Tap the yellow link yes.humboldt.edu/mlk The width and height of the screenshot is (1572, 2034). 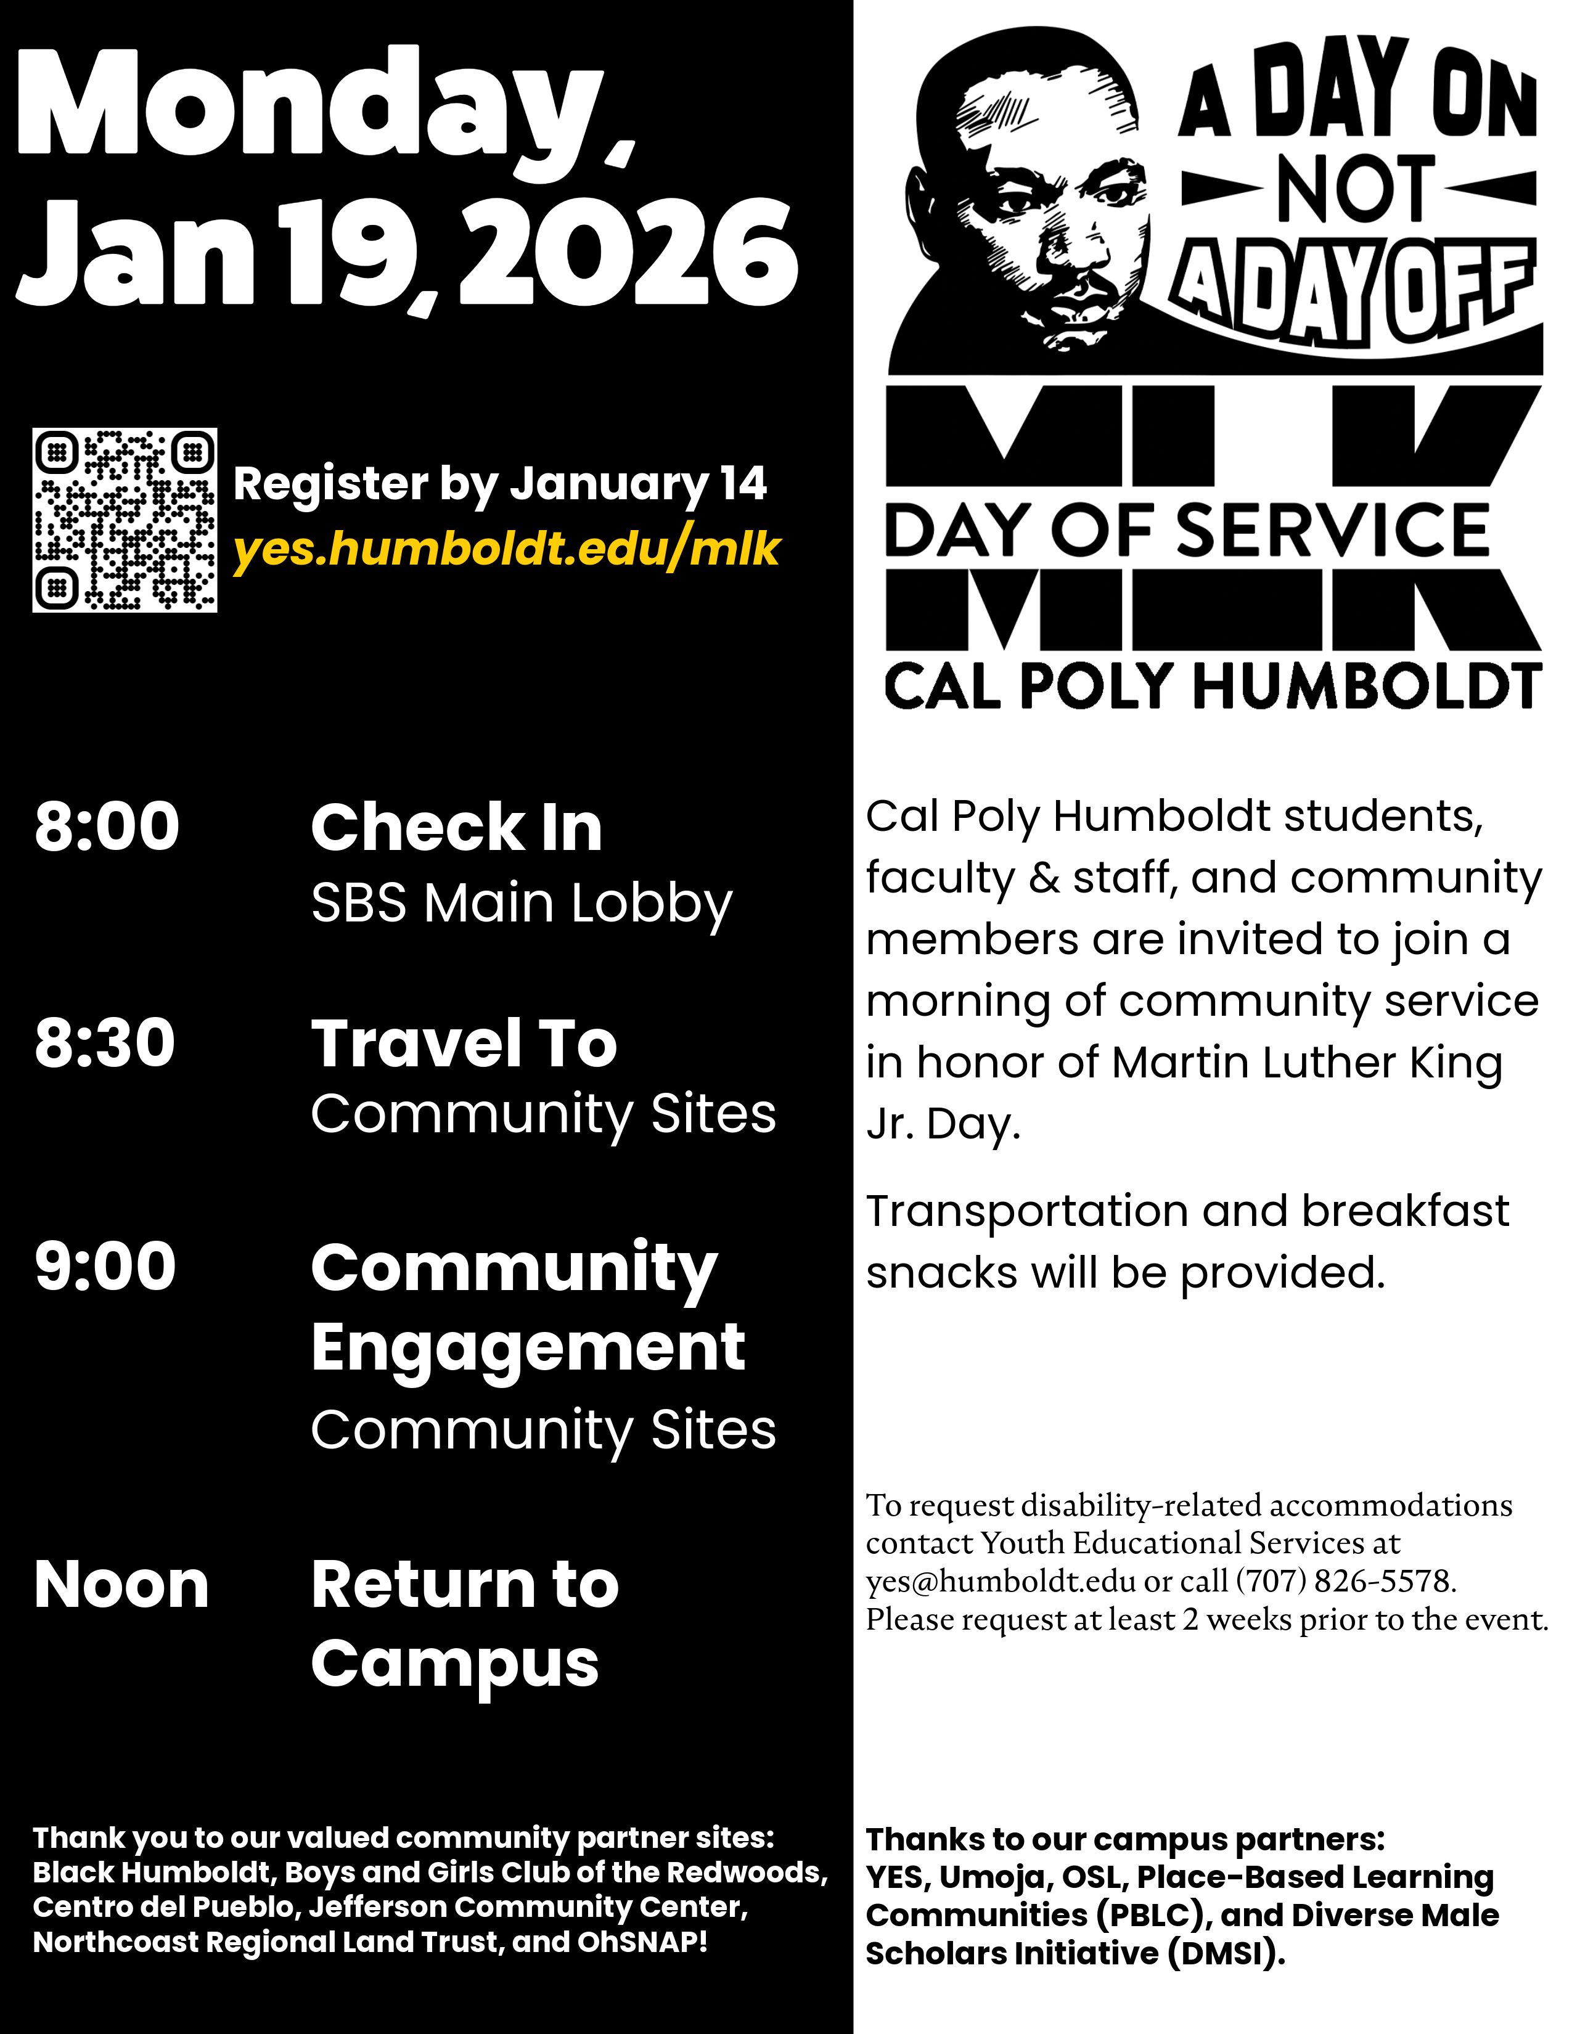pos(506,549)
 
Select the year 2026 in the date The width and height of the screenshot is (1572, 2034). pos(629,254)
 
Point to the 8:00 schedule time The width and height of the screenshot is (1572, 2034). pos(107,826)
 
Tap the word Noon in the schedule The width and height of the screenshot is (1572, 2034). pos(121,1585)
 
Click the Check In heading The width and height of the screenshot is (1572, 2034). pos(456,827)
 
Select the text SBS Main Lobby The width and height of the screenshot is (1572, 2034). pos(522,904)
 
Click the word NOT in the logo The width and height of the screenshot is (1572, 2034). pos(1356,189)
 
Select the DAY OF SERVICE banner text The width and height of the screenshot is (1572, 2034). pos(1187,531)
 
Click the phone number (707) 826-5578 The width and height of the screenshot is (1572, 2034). pos(1346,1582)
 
